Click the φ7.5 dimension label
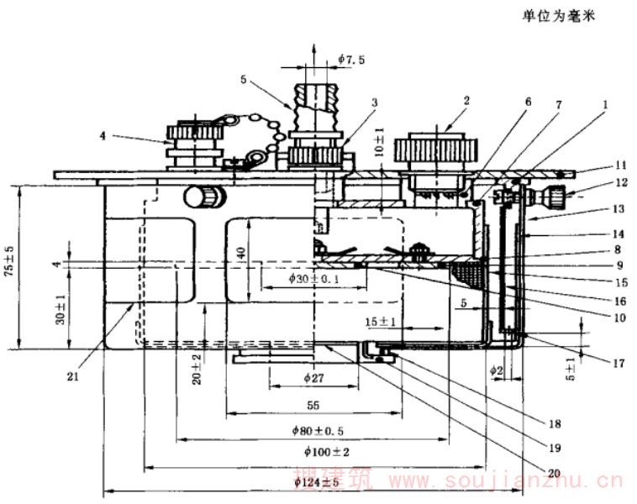click(x=351, y=58)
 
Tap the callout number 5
click(x=243, y=81)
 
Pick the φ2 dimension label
click(x=497, y=368)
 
